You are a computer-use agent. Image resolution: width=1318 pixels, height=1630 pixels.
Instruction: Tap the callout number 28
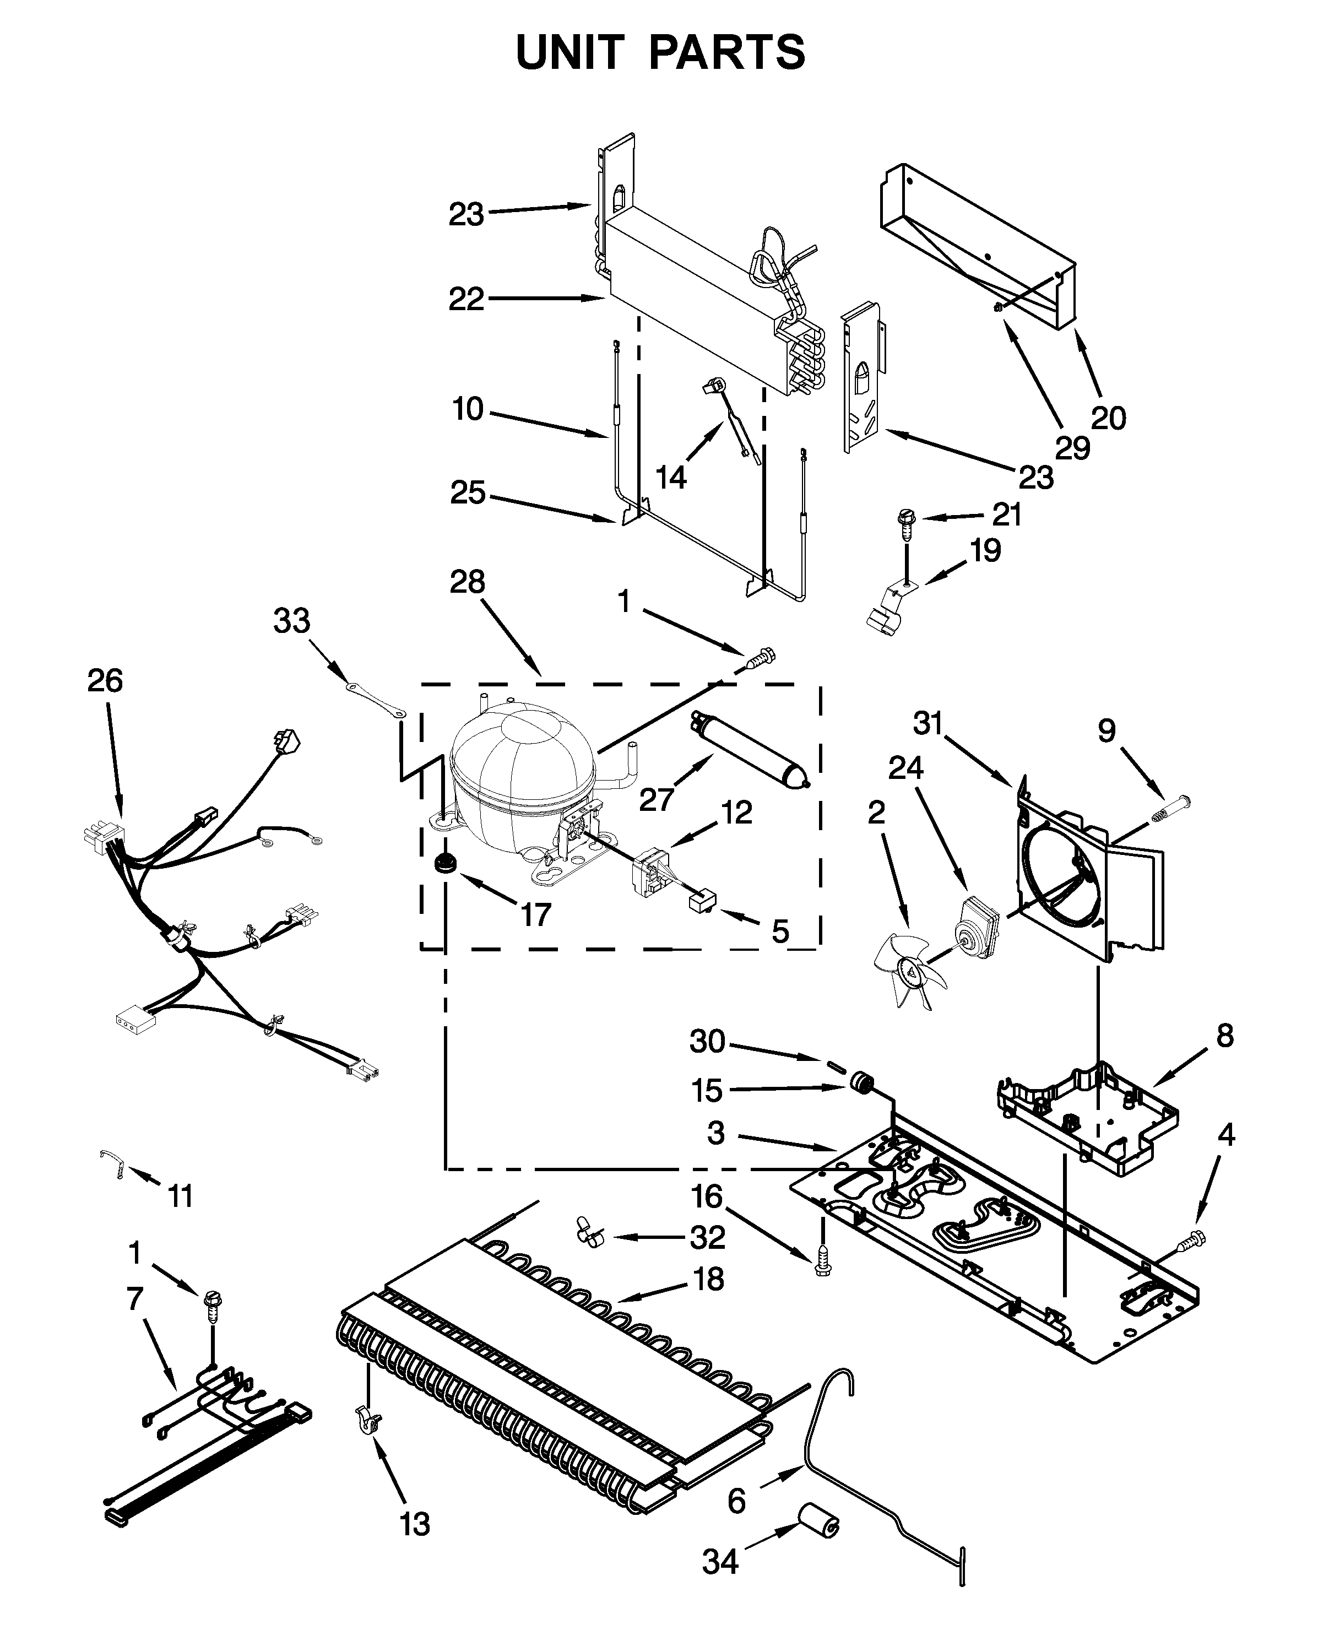(467, 582)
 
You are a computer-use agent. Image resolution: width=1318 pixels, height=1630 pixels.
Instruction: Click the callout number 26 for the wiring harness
(105, 681)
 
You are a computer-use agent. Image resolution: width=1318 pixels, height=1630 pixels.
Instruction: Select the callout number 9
(1107, 730)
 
